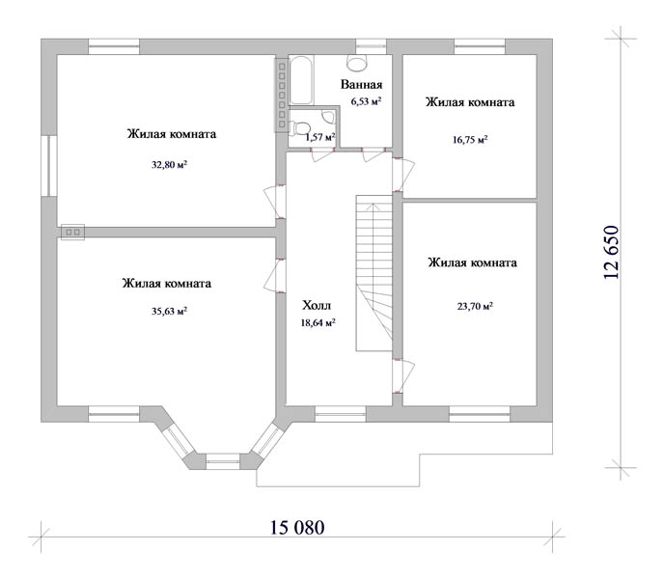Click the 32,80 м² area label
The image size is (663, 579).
coord(169,164)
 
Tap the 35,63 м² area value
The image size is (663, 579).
coord(169,312)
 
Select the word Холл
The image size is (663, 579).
coord(317,305)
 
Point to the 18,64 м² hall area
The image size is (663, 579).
coord(318,322)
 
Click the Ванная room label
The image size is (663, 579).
coord(362,84)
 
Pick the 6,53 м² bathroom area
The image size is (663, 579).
coord(366,101)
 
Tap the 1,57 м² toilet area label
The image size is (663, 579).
coord(320,137)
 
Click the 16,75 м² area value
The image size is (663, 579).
coord(470,140)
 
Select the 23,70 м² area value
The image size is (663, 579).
coord(475,306)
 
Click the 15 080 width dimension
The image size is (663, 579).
coord(297,528)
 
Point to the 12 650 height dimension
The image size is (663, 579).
coord(612,252)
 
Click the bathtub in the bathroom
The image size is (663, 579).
coord(301,80)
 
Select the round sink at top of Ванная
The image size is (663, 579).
coord(357,63)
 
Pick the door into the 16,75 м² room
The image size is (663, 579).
coord(404,175)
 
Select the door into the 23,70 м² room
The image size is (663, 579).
coord(404,376)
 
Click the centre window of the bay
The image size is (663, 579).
coord(223,461)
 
